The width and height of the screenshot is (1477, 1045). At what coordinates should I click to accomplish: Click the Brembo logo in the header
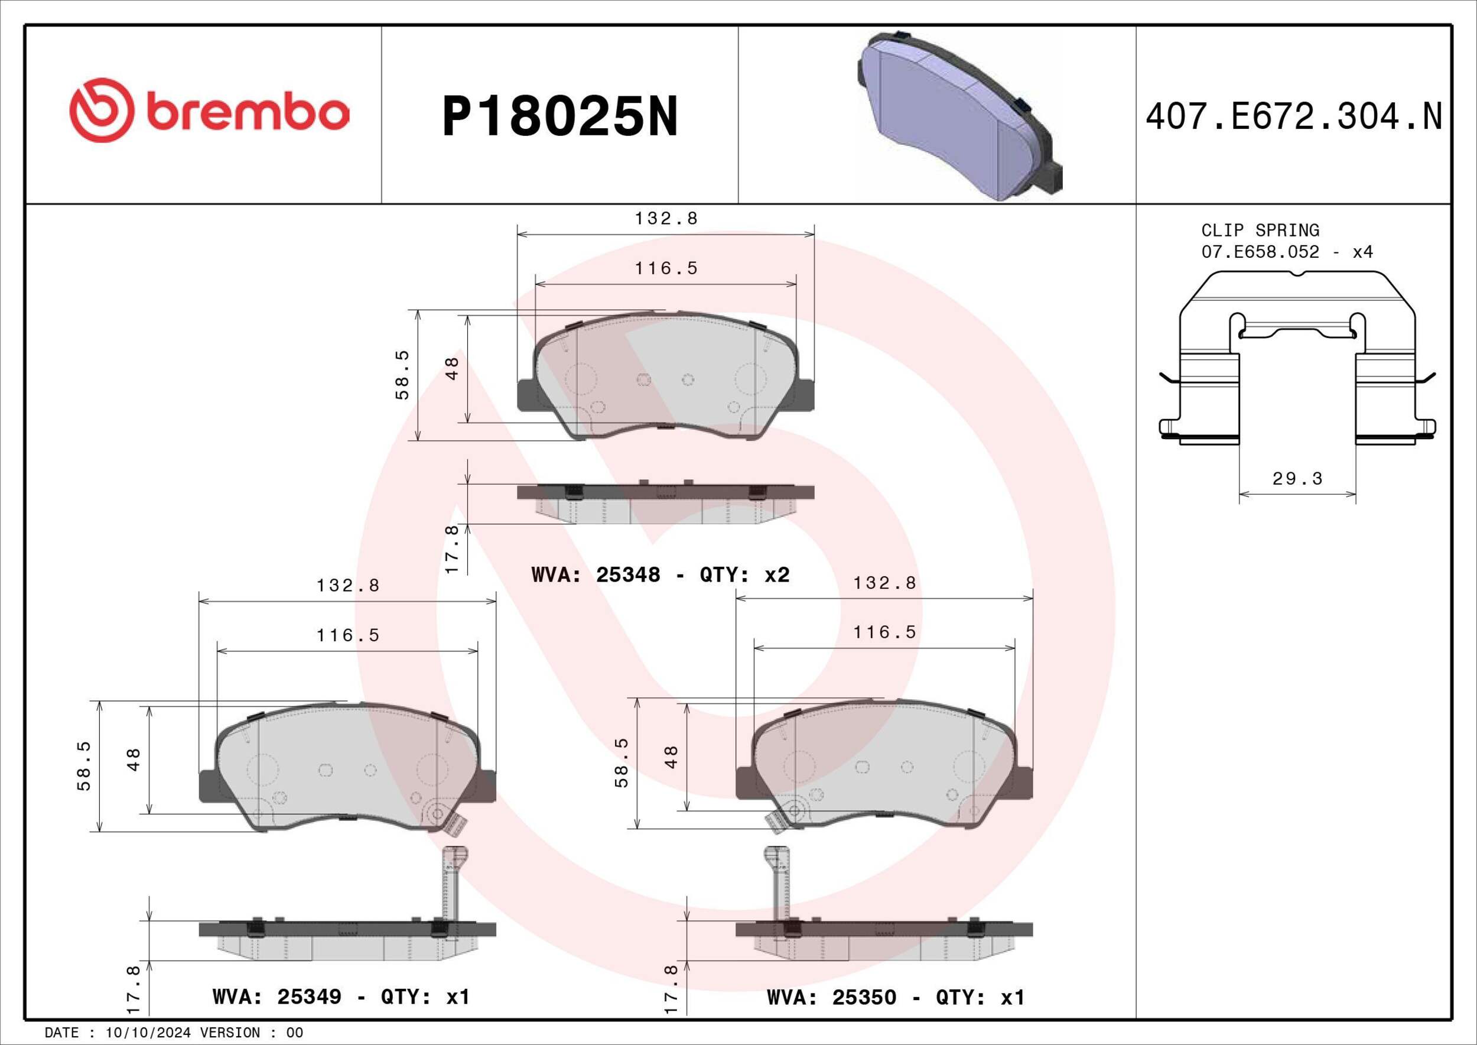point(210,110)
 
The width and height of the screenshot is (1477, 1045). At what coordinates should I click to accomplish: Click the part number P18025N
point(559,117)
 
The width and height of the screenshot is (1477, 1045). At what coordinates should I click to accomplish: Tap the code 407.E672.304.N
point(1294,116)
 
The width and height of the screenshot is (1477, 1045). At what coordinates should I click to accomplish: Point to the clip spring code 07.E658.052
point(1260,252)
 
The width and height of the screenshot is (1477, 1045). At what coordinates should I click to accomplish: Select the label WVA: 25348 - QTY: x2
point(661,575)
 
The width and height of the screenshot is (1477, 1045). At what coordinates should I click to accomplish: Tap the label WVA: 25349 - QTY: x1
point(341,997)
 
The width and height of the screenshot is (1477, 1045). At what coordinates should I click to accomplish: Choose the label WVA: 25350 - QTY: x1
point(896,997)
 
